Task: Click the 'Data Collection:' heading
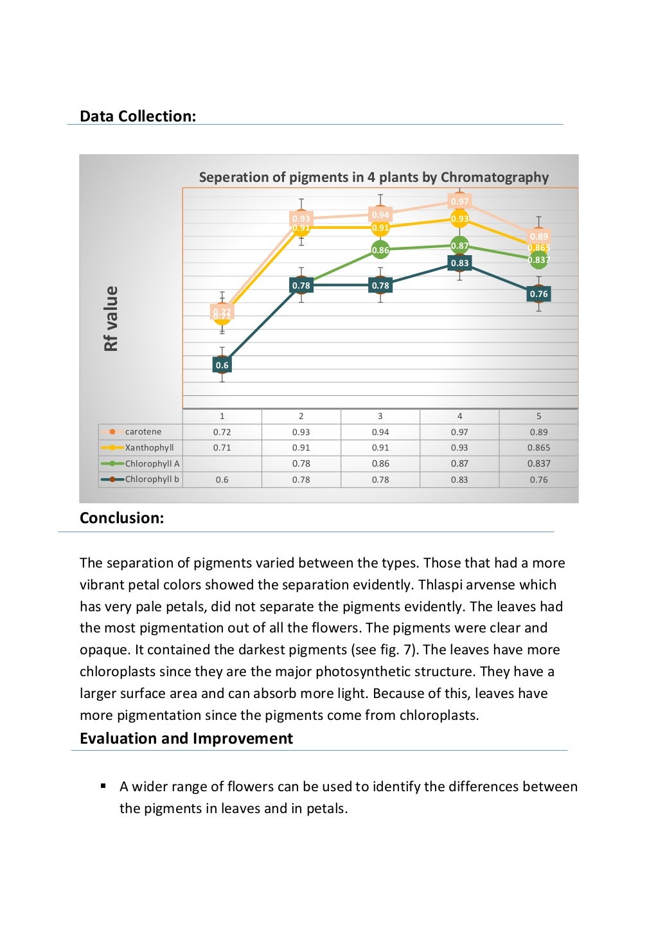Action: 138,116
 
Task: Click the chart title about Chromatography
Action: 373,177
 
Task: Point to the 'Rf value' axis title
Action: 111,319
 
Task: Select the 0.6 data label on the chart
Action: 222,365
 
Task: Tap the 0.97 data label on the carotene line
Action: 459,201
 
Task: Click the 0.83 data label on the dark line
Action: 459,263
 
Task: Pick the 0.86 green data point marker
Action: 380,250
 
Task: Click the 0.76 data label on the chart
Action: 538,294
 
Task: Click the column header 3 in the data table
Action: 380,416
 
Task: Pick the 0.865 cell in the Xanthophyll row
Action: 538,447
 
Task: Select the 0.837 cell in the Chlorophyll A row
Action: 538,463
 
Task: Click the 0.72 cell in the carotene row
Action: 222,432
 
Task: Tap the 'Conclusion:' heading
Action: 121,518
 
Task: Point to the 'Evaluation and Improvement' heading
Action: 186,739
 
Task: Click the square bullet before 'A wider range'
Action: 103,785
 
